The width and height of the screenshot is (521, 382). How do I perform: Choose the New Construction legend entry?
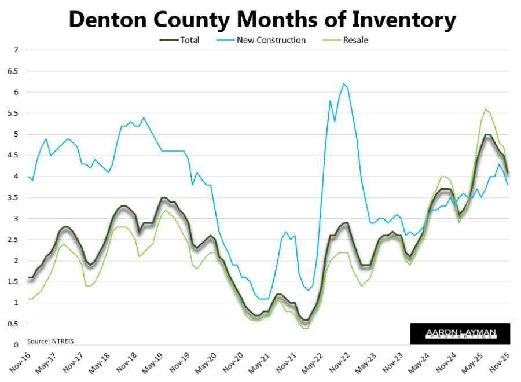pos(271,40)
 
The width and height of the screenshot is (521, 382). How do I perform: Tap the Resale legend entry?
pos(355,40)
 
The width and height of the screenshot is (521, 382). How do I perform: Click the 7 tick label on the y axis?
pos(17,50)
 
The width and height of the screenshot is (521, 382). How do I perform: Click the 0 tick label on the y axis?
pos(17,345)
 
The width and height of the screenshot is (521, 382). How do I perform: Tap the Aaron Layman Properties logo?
pos(460,333)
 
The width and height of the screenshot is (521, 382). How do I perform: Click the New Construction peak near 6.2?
pos(343,84)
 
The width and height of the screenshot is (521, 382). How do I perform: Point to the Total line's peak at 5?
pos(487,134)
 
